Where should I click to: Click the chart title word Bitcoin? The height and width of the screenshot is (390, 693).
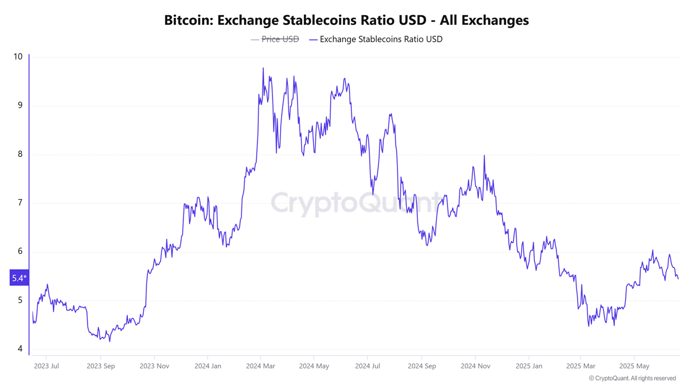tap(186, 21)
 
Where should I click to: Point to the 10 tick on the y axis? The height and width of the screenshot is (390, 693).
tap(18, 57)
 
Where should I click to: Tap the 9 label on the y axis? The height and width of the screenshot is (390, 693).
tap(20, 105)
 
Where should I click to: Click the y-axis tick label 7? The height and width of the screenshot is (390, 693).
tap(20, 203)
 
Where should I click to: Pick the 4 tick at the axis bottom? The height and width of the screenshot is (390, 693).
tap(20, 349)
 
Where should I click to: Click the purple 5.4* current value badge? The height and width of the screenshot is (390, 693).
tap(18, 278)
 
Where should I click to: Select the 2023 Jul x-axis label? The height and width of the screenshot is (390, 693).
tap(46, 366)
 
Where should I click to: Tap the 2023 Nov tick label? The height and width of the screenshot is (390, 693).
tap(154, 366)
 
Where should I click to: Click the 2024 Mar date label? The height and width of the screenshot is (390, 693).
tap(261, 366)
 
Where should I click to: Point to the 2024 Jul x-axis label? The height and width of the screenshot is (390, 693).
tap(368, 366)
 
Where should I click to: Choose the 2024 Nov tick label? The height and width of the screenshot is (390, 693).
tap(475, 366)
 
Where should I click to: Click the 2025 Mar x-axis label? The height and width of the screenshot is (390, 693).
tap(581, 366)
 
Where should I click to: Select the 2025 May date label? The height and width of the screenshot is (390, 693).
tap(634, 366)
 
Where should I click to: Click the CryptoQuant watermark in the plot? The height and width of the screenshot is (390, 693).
tap(355, 203)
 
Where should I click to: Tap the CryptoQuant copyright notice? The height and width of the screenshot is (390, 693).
tap(632, 378)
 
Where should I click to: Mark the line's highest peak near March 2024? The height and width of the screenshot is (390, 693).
tap(263, 68)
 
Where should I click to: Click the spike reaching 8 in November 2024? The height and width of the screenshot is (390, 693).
tap(484, 156)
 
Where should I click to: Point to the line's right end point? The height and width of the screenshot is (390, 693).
tap(678, 279)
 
